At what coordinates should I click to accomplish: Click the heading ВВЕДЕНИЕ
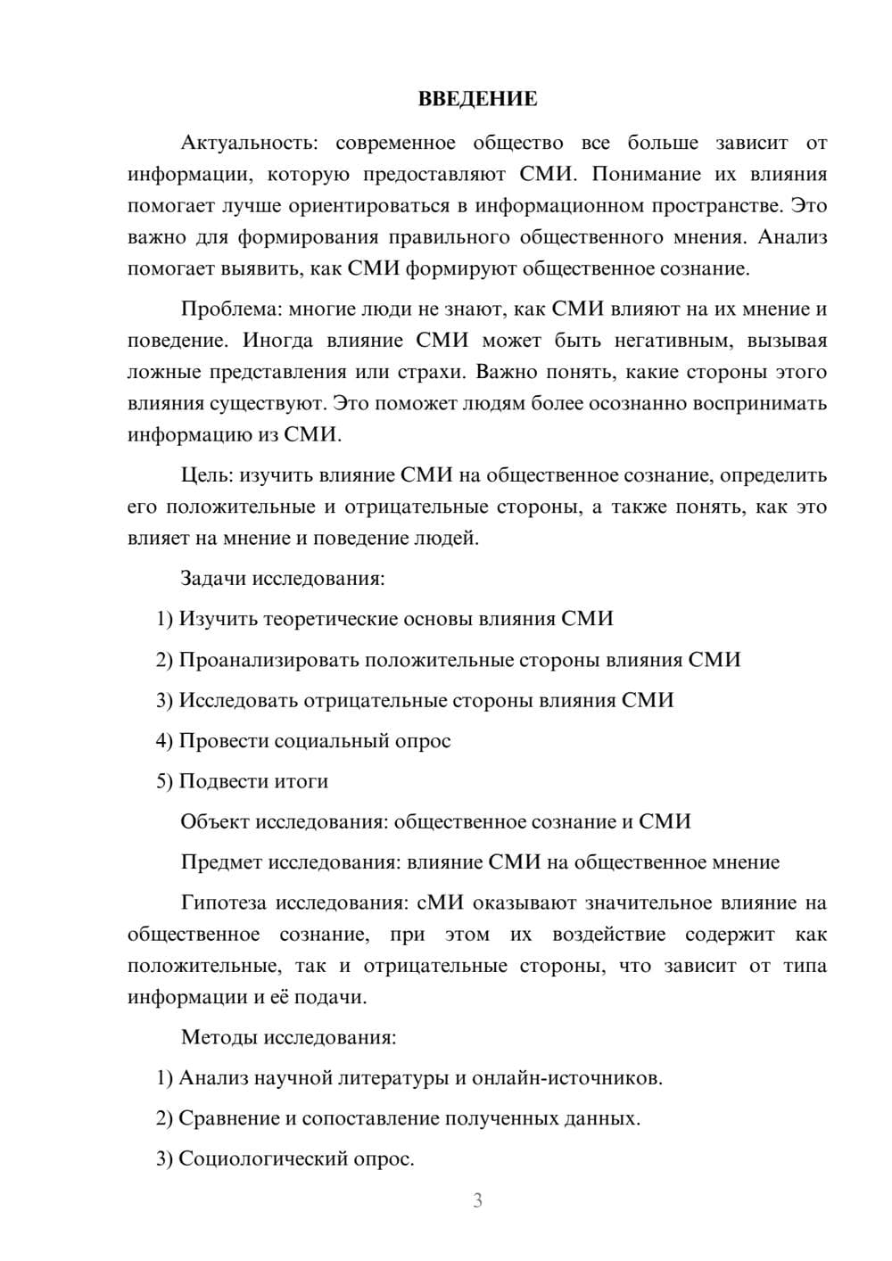click(477, 99)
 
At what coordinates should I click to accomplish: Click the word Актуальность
click(246, 143)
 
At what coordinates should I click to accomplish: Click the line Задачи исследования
click(282, 579)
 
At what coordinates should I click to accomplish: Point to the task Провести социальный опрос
click(314, 741)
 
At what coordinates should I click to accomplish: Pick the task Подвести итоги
click(253, 781)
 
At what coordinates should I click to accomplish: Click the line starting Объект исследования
click(435, 822)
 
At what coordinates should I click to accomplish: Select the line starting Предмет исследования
click(480, 862)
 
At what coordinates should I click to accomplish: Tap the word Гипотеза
click(223, 902)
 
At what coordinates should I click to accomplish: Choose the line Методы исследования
click(288, 1038)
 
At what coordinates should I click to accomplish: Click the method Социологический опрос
click(296, 1159)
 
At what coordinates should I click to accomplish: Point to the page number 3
click(477, 1200)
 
